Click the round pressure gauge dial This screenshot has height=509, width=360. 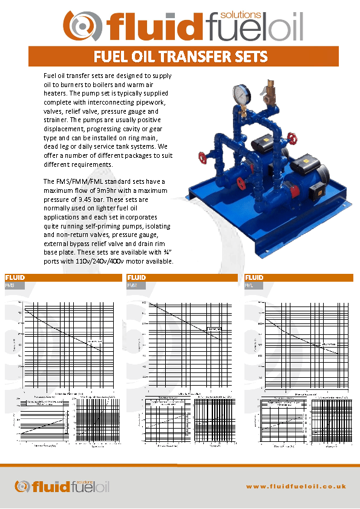(240, 94)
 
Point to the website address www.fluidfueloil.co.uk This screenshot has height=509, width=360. (296, 485)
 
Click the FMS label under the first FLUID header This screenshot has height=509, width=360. (10, 285)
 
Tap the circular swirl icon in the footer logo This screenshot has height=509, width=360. (23, 485)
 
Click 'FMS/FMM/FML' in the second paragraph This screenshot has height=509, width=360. (80, 181)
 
